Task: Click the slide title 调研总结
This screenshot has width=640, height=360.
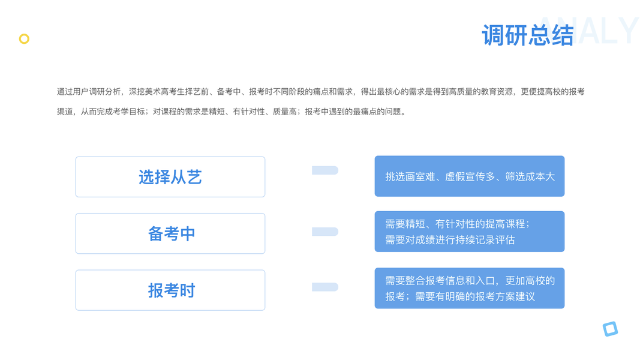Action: click(x=527, y=35)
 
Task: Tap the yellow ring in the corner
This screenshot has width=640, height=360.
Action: click(x=24, y=39)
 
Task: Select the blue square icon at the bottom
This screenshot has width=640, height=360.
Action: click(x=610, y=329)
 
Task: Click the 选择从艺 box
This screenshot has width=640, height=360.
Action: click(x=170, y=177)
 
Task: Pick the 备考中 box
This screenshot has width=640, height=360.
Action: click(x=170, y=233)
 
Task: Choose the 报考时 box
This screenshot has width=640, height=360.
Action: click(x=170, y=290)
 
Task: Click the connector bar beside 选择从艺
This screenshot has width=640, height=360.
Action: click(x=325, y=170)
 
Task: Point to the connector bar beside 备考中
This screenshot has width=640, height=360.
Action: click(x=325, y=232)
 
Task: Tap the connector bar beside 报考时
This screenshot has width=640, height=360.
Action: click(x=325, y=287)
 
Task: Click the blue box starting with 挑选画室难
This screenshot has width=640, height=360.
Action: click(x=470, y=176)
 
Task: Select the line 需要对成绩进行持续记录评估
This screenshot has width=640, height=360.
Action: click(x=450, y=240)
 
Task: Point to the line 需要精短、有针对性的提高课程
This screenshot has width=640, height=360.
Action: click(x=457, y=224)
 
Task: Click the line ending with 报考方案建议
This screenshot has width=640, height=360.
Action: click(x=460, y=296)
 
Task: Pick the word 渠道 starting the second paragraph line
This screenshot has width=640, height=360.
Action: click(x=65, y=112)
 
